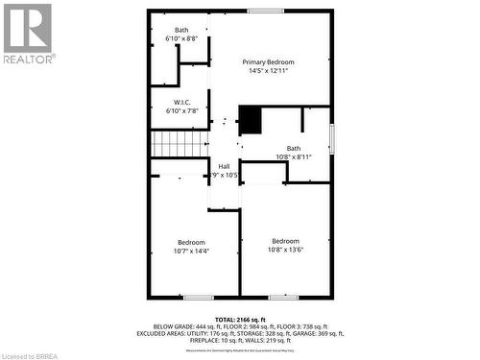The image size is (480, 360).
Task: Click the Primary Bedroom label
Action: (268, 61)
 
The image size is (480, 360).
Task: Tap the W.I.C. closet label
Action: (182, 102)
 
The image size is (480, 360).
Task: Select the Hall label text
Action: (224, 166)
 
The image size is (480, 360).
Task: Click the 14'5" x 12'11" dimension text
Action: (268, 70)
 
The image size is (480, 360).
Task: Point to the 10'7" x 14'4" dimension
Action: (191, 251)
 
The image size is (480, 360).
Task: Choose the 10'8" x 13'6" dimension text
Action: (285, 250)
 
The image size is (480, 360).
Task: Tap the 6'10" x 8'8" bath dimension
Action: (180, 38)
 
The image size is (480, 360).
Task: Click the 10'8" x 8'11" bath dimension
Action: (293, 156)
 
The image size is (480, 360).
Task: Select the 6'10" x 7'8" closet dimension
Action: (182, 111)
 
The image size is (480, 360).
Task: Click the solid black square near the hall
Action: (250, 120)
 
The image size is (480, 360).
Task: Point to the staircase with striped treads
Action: (180, 144)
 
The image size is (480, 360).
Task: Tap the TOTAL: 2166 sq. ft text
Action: (239, 318)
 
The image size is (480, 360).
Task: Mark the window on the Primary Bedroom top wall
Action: (264, 11)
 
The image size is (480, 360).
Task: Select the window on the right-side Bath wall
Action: (332, 138)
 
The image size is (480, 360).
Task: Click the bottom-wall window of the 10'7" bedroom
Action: (198, 297)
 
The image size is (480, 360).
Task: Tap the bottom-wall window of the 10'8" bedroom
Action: (284, 297)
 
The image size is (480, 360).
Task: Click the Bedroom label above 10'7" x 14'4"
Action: (191, 242)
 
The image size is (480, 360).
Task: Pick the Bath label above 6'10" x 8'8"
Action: (180, 30)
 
